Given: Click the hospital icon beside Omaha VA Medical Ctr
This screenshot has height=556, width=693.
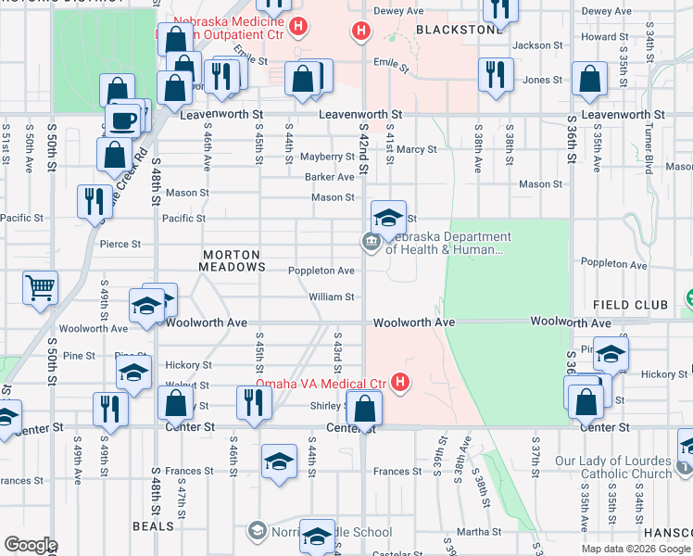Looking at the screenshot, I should point(400,382).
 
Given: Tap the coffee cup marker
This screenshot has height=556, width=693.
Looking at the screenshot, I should point(122,120).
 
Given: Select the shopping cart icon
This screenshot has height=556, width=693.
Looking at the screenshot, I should point(40,287).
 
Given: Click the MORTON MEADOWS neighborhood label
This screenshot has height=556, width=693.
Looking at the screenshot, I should point(228,260).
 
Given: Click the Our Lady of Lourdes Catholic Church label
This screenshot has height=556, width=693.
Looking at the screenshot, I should point(626,467).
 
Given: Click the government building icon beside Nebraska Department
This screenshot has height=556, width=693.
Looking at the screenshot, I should point(370,243).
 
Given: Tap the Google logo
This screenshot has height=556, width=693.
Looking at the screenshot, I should point(31,545).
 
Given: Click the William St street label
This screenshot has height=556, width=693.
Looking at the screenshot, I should point(331,297).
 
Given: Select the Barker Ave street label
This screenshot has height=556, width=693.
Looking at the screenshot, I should point(329,177).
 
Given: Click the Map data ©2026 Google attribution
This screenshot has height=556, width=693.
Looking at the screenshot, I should point(635,549).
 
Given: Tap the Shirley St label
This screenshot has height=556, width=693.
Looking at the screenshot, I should point(326,406).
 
